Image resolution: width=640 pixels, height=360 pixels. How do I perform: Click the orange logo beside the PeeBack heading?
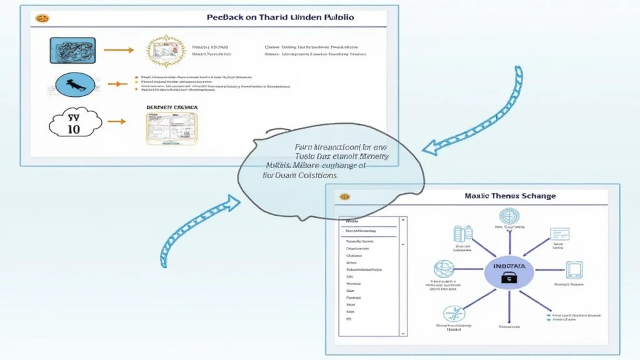click(x=42, y=18)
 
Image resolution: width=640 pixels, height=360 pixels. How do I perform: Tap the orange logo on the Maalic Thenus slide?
click(x=344, y=197)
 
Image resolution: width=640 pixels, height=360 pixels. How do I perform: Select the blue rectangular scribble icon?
click(x=72, y=51)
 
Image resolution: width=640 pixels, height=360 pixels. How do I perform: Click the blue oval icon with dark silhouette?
click(x=76, y=84)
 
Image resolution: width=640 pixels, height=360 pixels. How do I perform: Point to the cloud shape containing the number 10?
click(x=74, y=122)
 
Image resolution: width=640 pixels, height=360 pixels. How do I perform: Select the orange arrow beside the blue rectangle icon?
click(x=119, y=50)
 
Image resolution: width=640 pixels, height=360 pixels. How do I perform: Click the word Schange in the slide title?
click(x=534, y=196)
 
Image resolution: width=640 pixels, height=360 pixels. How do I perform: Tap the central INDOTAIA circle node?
click(x=509, y=272)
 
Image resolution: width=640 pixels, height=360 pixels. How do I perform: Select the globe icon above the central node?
click(x=509, y=216)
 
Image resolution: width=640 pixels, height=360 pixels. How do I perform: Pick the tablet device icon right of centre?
click(x=574, y=269)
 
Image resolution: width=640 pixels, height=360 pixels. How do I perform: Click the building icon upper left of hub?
click(x=462, y=234)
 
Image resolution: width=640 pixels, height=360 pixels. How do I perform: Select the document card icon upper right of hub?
click(x=559, y=235)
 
